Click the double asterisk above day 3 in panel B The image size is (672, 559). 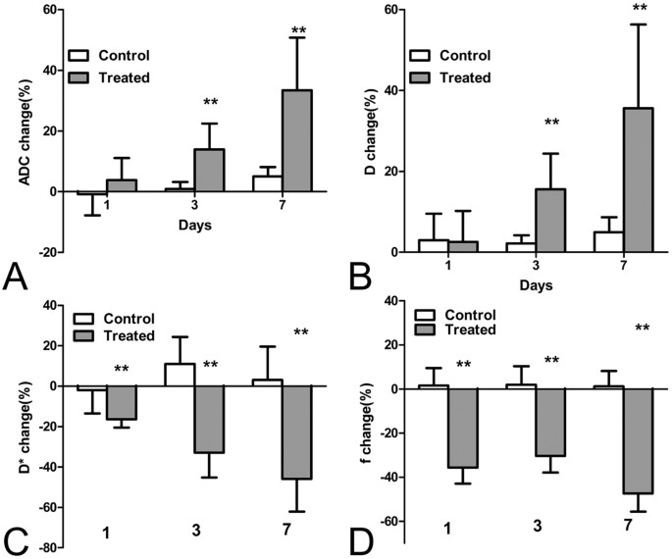point(551,124)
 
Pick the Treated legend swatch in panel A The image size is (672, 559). point(81,76)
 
